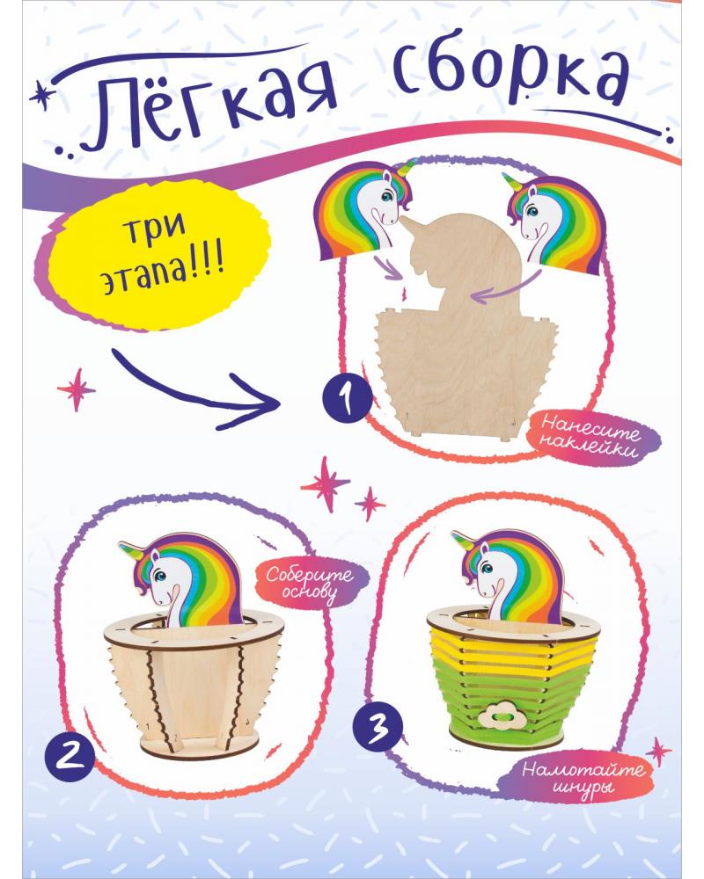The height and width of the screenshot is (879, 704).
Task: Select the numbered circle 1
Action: click(x=347, y=397)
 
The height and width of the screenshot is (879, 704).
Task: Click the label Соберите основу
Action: click(x=311, y=585)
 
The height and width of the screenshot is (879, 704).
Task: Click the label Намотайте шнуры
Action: click(x=584, y=778)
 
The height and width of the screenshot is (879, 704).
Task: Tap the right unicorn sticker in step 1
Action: click(x=556, y=224)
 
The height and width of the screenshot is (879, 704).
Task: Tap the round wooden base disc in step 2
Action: click(x=193, y=745)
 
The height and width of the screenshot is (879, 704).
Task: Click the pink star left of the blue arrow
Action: click(x=76, y=389)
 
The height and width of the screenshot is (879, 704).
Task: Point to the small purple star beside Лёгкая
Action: click(x=40, y=95)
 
